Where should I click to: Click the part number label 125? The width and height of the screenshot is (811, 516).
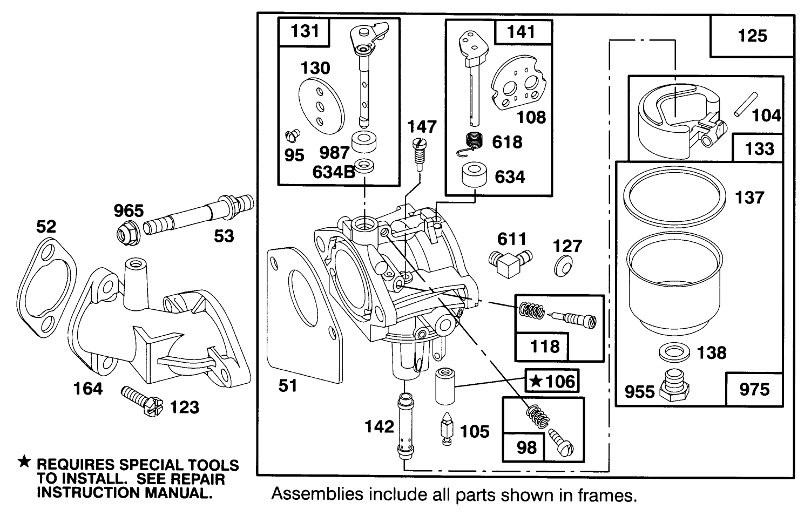coord(752,36)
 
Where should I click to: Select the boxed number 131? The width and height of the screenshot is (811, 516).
coord(305,31)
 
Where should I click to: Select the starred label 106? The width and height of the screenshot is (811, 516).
coord(552,382)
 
